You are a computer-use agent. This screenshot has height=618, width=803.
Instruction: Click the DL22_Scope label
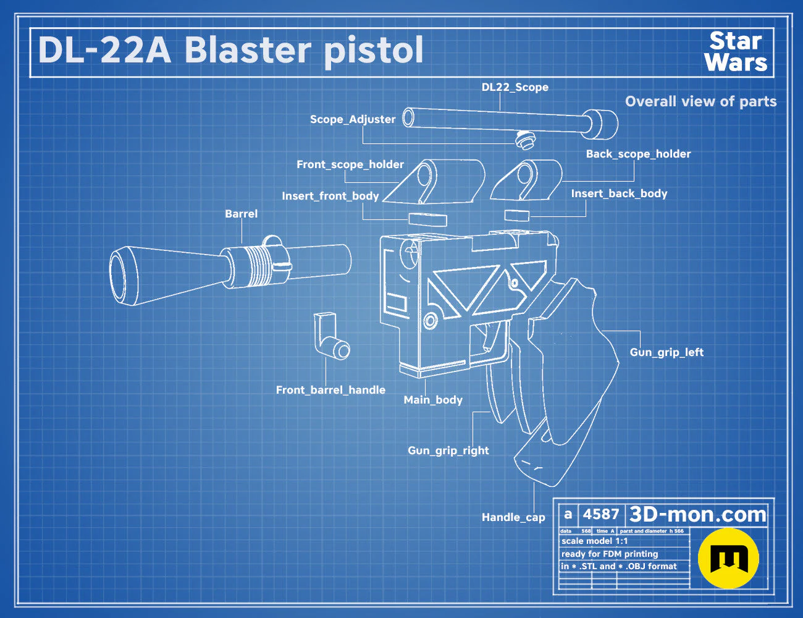tap(515, 87)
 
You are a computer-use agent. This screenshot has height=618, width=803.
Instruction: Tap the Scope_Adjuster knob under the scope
tap(525, 140)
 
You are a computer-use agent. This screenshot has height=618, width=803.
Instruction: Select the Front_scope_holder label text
tap(350, 164)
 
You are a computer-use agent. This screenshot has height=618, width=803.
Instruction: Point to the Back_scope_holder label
tap(638, 154)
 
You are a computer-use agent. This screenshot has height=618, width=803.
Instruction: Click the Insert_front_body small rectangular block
tap(427, 219)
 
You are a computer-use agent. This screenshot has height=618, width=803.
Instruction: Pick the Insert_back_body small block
tap(516, 215)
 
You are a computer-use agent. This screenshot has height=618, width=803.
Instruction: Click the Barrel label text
tap(242, 214)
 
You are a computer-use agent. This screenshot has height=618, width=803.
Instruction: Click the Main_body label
tap(433, 400)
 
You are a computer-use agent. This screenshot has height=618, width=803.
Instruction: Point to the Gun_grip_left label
tap(666, 352)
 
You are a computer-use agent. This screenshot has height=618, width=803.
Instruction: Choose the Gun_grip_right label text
tap(448, 451)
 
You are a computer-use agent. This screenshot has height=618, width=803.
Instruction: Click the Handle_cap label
tap(513, 517)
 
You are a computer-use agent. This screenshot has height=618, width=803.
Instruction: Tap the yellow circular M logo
tap(728, 558)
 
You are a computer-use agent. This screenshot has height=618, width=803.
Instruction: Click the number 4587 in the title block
tap(601, 514)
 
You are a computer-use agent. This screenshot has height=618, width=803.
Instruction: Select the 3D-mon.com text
tap(697, 514)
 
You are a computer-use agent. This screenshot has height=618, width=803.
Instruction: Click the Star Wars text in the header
tap(736, 51)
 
